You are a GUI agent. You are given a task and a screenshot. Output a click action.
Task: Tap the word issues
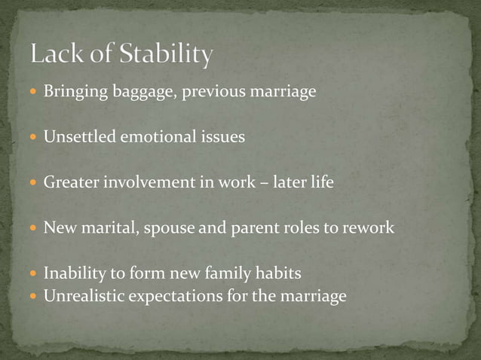coord(222,138)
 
